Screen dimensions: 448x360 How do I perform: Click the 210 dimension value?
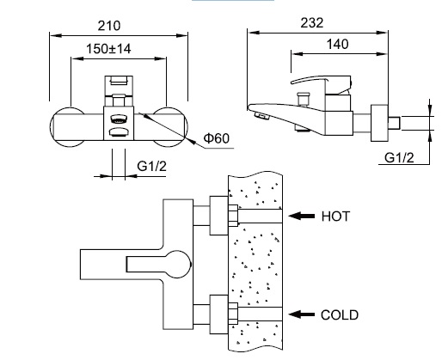109,26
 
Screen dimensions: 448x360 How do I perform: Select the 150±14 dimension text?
108,49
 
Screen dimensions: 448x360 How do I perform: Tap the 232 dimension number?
312,23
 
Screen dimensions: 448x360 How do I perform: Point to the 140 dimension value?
338,44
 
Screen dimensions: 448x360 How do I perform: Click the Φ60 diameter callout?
217,138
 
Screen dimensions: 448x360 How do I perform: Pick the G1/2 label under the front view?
151,166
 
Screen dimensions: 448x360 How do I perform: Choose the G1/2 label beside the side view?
399,158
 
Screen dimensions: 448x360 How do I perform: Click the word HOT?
335,217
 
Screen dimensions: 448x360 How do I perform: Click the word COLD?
340,315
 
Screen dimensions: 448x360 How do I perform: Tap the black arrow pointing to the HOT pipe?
301,216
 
